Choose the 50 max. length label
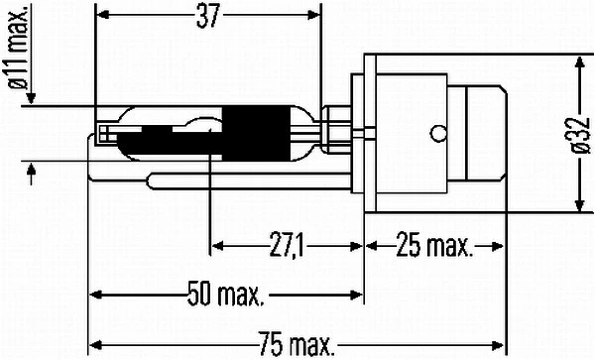226,295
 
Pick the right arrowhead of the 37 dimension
315,16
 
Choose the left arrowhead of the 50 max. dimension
96,295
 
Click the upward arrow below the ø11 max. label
33,175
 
